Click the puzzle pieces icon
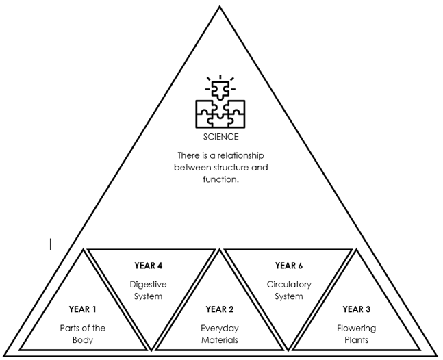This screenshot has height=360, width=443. [x=220, y=103]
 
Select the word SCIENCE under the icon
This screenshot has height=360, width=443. [x=220, y=137]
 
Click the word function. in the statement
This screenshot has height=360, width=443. [x=220, y=179]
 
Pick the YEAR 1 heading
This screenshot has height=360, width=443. [x=84, y=309]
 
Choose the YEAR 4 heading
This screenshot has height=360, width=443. [x=148, y=266]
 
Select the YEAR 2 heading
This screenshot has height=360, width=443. [x=220, y=309]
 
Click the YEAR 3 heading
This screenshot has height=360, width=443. [x=357, y=309]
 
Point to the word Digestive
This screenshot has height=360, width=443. [x=148, y=284]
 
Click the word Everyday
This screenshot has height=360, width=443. [x=220, y=328]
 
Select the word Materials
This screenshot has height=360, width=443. [x=220, y=340]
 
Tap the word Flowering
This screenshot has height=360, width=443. [x=357, y=328]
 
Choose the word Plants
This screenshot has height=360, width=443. [x=357, y=340]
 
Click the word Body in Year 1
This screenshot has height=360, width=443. [x=84, y=340]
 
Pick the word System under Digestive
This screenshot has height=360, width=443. [x=148, y=296]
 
